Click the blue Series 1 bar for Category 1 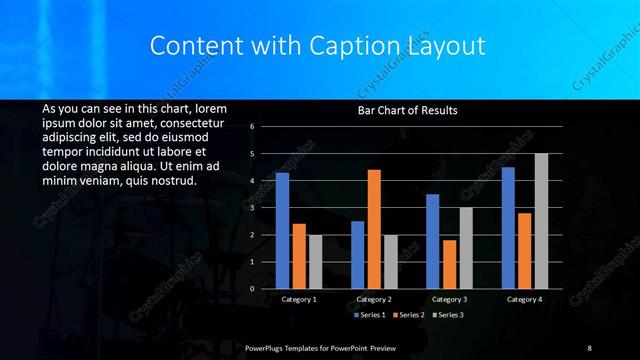(x=282, y=231)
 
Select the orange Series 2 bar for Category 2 (x=374, y=229)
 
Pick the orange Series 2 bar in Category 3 (x=449, y=264)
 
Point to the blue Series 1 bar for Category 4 (x=508, y=227)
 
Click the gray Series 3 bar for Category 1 (x=315, y=262)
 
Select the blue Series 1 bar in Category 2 (x=357, y=255)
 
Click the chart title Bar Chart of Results (x=407, y=111)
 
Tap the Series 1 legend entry (x=371, y=315)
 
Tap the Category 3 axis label (x=449, y=299)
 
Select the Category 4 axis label (x=525, y=299)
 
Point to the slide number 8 (x=589, y=347)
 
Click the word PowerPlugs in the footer (x=267, y=347)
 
